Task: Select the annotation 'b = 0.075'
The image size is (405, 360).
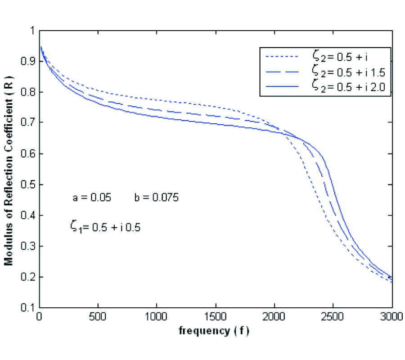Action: tap(156, 198)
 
